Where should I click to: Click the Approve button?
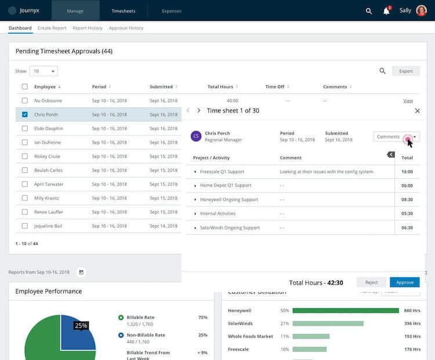(x=404, y=282)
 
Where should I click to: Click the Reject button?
(x=371, y=282)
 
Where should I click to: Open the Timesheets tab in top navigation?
(x=123, y=10)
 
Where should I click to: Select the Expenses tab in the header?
(x=171, y=10)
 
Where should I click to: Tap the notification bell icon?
(x=386, y=11)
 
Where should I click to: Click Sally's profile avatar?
(x=421, y=10)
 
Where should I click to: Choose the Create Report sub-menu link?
(x=52, y=28)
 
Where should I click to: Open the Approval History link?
(x=126, y=28)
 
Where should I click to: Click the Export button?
(x=406, y=71)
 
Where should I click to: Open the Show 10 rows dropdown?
(x=43, y=71)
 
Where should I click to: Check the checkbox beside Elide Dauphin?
(x=24, y=128)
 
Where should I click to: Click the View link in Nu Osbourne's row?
(x=408, y=101)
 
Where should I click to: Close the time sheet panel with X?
(x=417, y=111)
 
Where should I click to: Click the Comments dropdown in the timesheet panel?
(x=396, y=137)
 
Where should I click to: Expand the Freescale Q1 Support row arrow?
(x=195, y=172)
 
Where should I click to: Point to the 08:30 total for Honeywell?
(x=407, y=199)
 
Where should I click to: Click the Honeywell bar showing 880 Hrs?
(x=346, y=310)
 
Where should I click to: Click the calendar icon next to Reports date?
(x=81, y=272)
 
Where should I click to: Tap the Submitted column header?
(x=161, y=87)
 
